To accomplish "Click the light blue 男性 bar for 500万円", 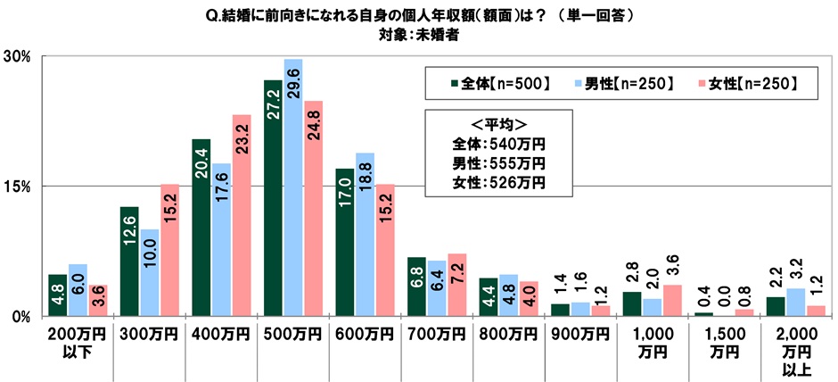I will [293, 187].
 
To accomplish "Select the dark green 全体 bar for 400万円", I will [201, 228].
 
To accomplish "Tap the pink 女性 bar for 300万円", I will [170, 250].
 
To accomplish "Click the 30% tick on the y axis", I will [19, 56].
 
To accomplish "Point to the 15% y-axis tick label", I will [19, 187].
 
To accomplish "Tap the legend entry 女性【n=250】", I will [749, 84].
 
